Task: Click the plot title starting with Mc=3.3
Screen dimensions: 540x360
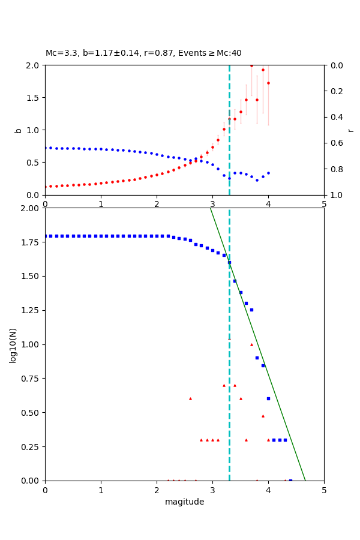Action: [x=143, y=53]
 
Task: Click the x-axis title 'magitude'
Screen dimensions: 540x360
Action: [x=184, y=502]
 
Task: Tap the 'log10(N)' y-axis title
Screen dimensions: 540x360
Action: [x=13, y=345]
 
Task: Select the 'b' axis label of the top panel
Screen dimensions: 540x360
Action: [x=18, y=130]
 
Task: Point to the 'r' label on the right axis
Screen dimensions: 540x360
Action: [x=351, y=130]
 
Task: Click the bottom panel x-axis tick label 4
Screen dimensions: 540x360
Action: [x=268, y=490]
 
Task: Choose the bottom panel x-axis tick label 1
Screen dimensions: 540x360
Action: [x=101, y=490]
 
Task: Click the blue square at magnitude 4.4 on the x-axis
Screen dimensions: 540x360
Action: [x=290, y=481]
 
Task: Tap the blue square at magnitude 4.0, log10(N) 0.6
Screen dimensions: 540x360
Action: [x=268, y=398]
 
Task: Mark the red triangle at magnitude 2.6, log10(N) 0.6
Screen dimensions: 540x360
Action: [x=190, y=398]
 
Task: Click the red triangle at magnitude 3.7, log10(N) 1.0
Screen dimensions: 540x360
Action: [x=251, y=344]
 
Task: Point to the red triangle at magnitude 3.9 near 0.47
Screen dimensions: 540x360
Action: [x=263, y=416]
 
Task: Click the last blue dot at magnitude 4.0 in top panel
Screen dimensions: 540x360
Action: [x=268, y=173]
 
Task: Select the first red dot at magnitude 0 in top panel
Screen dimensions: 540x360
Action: [x=45, y=187]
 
